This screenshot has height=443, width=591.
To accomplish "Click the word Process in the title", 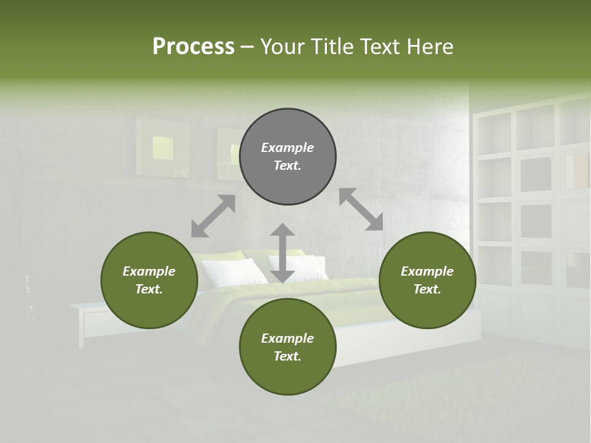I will click(193, 47).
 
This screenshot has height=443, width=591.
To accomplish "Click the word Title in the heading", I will click(332, 47).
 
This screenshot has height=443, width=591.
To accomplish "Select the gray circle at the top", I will click(287, 156).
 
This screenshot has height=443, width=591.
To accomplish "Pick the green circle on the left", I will click(149, 280).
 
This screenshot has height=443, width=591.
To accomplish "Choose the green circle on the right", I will click(427, 280).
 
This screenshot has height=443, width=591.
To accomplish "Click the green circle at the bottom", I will click(287, 347).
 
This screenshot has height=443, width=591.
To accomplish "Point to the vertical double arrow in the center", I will click(282, 253).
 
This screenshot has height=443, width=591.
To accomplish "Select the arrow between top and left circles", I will click(213, 216).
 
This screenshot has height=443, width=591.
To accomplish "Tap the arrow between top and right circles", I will click(361, 209).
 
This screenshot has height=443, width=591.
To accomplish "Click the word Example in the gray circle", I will click(287, 148).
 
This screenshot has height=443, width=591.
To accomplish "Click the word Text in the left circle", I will click(149, 289).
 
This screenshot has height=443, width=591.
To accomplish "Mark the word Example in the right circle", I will click(427, 271).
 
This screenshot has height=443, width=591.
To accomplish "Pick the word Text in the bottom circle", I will click(287, 356).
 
